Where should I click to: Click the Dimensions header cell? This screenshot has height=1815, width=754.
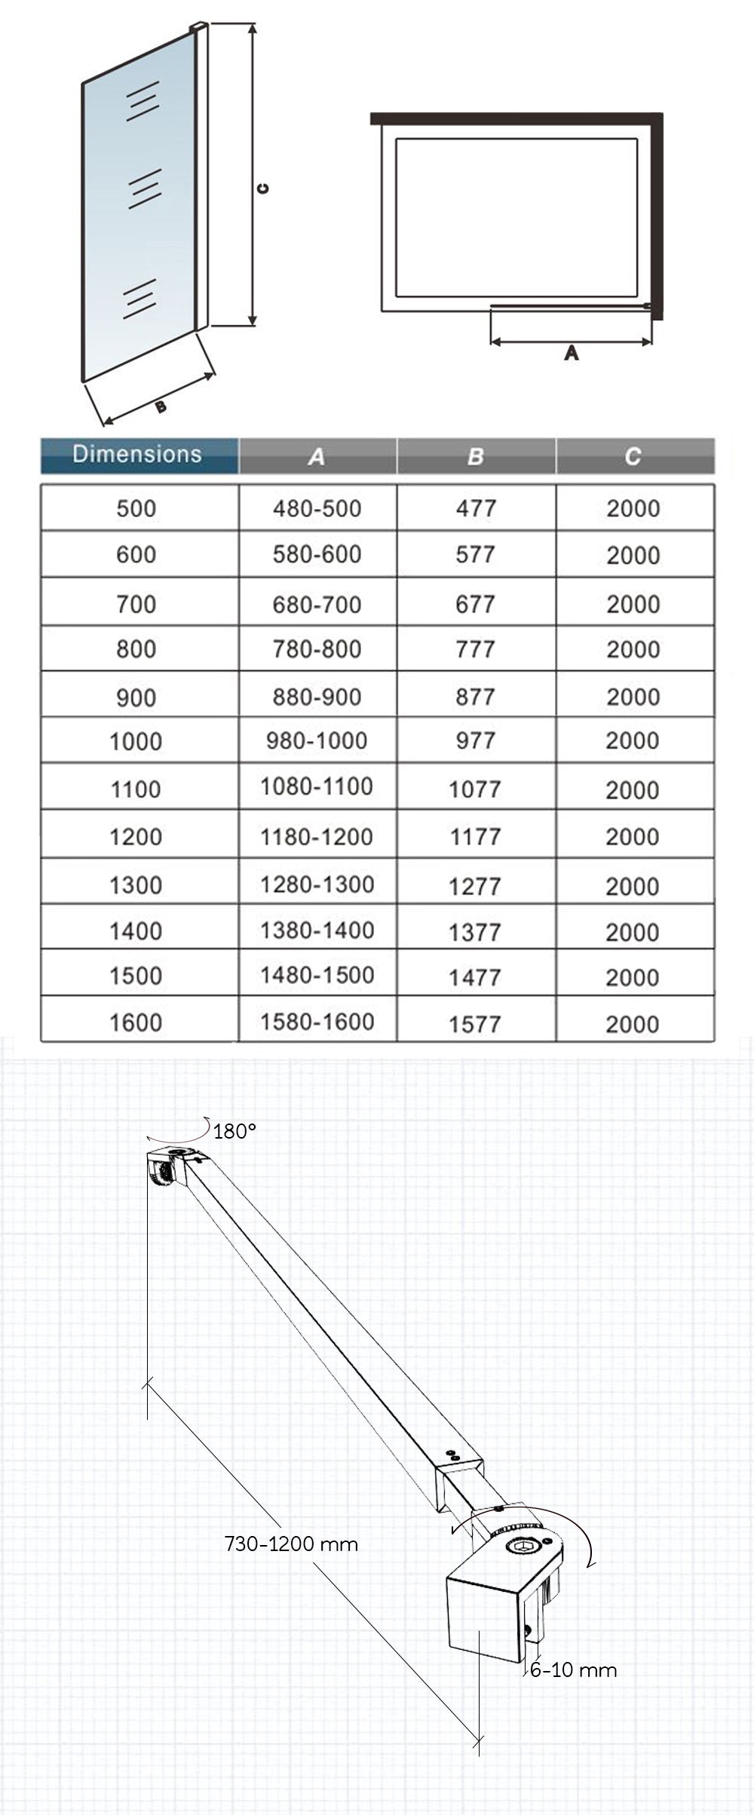tap(138, 455)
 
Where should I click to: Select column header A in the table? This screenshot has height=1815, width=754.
tap(317, 456)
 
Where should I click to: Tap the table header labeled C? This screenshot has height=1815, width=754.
tap(633, 456)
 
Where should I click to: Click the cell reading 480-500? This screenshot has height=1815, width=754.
tap(317, 508)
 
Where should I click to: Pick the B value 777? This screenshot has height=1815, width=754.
tap(475, 649)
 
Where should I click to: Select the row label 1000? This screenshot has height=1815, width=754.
tap(136, 742)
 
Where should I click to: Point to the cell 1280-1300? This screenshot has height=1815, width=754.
tap(317, 885)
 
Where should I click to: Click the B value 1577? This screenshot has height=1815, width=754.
tap(475, 1024)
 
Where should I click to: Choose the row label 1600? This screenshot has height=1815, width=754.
tap(136, 1023)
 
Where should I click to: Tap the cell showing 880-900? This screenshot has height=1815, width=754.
tap(317, 697)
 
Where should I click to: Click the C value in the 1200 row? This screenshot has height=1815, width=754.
tap(633, 837)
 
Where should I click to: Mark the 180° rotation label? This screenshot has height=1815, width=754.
tap(234, 1131)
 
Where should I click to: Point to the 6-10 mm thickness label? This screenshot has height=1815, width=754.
tap(573, 1669)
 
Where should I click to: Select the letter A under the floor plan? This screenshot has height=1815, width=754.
tap(572, 353)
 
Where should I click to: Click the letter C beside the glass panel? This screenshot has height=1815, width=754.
tap(262, 189)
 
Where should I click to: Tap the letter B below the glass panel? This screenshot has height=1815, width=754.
tap(160, 407)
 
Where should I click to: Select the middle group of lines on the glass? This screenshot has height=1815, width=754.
tap(144, 188)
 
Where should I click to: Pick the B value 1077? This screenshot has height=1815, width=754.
tap(475, 789)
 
